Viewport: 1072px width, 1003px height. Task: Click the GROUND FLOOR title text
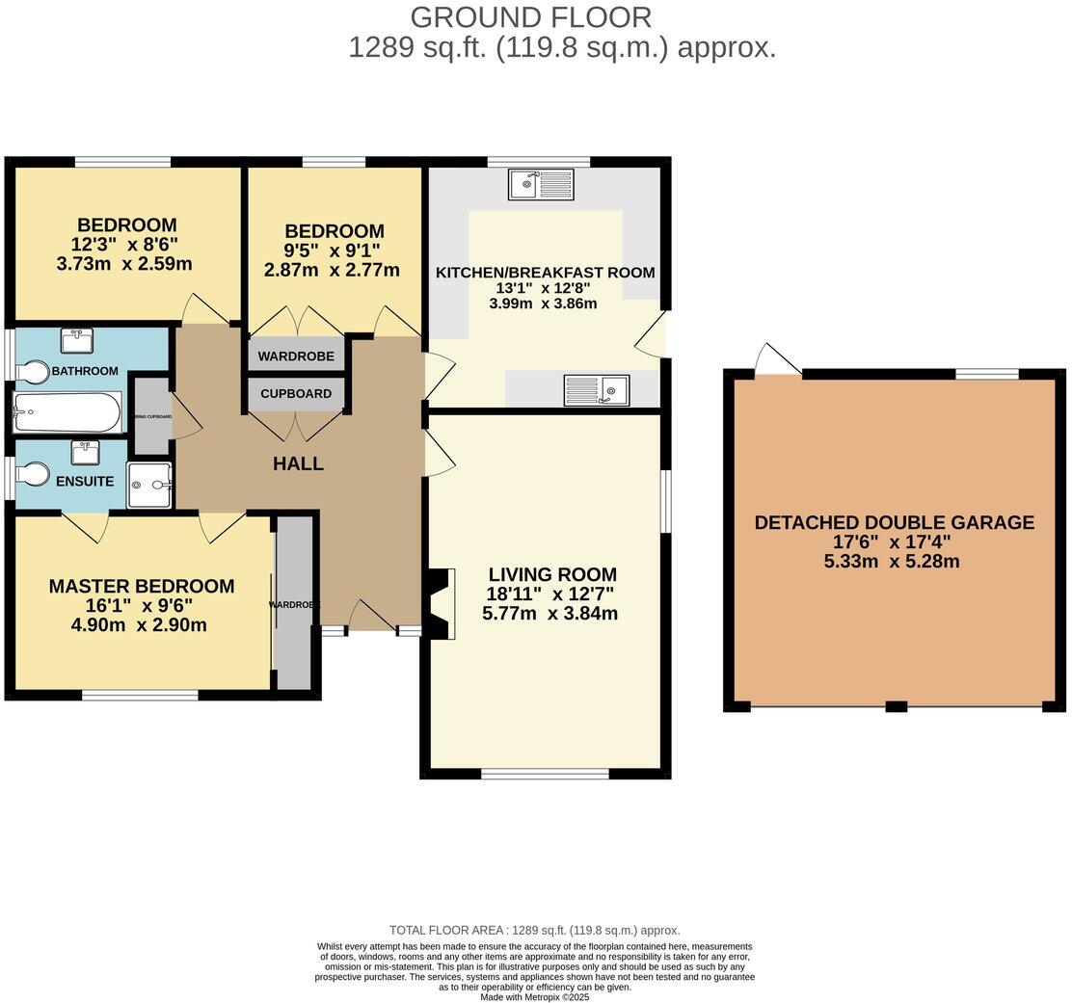point(530,16)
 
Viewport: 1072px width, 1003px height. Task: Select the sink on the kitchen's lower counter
point(597,389)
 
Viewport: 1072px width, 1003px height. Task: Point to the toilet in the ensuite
point(35,474)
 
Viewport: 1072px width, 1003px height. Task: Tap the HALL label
point(298,463)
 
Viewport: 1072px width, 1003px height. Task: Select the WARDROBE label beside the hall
point(296,356)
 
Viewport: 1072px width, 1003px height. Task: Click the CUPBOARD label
point(296,394)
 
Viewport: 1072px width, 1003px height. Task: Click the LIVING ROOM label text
point(551,574)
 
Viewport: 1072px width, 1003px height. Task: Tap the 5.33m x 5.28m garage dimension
point(893,562)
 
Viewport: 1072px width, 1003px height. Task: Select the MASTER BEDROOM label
point(142,586)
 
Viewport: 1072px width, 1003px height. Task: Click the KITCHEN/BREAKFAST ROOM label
point(545,273)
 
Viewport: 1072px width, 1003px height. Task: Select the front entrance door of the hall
point(372,618)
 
